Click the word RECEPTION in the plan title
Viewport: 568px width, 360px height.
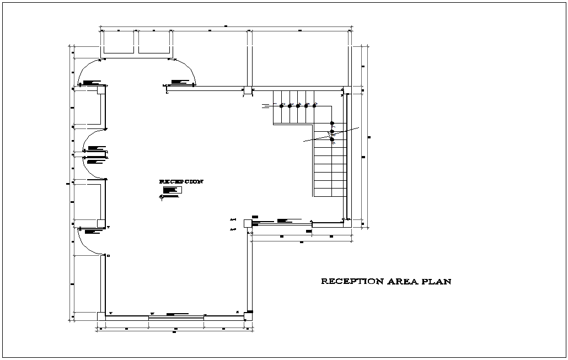(x=352, y=282)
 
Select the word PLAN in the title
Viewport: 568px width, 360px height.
(x=436, y=282)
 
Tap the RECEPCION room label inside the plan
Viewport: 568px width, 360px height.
(x=181, y=181)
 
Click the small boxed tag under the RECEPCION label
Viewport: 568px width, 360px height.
(x=172, y=190)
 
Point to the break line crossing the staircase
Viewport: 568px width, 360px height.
(x=331, y=135)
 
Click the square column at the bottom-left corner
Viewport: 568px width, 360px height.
(x=101, y=316)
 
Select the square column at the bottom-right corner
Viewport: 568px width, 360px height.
(x=249, y=316)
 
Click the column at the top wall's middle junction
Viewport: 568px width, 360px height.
(x=248, y=90)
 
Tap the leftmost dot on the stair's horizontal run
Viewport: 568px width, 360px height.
(x=282, y=105)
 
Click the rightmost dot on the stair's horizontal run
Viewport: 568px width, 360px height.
(x=314, y=105)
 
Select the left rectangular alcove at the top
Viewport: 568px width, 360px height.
(x=119, y=43)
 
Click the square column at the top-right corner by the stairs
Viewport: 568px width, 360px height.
(x=346, y=90)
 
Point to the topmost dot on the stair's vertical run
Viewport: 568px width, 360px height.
(x=331, y=123)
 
